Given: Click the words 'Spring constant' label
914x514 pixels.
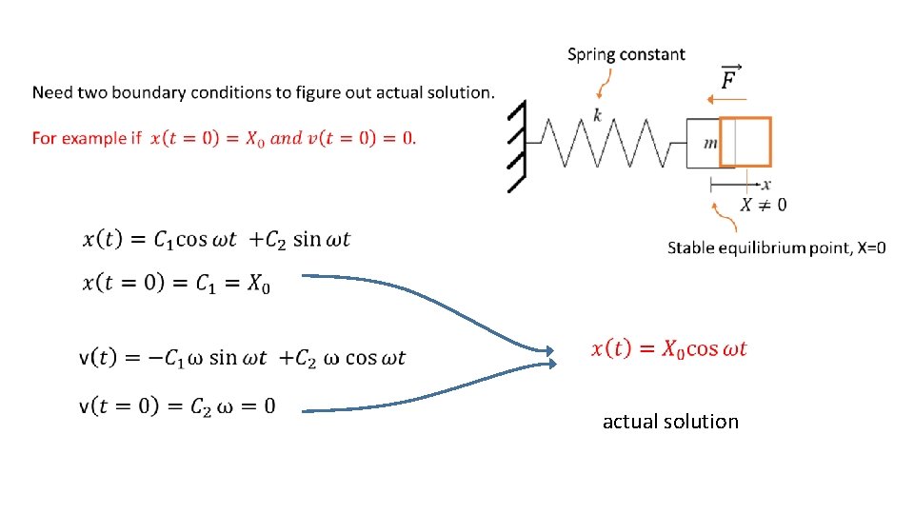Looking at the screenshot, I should (626, 54).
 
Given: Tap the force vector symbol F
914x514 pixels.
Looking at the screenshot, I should (730, 78).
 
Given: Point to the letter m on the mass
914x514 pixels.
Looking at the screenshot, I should (710, 143).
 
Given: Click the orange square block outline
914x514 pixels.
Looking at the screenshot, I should (745, 142).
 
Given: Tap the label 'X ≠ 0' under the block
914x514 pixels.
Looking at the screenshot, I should (764, 204).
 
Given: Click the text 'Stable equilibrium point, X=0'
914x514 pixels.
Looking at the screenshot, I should (776, 247).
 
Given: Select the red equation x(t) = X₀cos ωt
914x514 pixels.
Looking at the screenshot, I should (669, 349).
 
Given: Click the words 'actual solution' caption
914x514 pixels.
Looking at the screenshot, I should (670, 421).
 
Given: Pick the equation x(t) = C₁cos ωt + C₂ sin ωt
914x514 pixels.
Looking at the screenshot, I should (217, 239).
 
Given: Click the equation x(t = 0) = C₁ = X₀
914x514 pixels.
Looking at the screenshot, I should (176, 283).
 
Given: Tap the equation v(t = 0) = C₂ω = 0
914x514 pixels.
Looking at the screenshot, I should (178, 406).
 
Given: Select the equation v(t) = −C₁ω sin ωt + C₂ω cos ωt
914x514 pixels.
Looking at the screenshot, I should (243, 358).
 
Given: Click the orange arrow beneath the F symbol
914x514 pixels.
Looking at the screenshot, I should (728, 98).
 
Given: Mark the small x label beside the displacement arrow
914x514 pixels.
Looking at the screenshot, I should (766, 184).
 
